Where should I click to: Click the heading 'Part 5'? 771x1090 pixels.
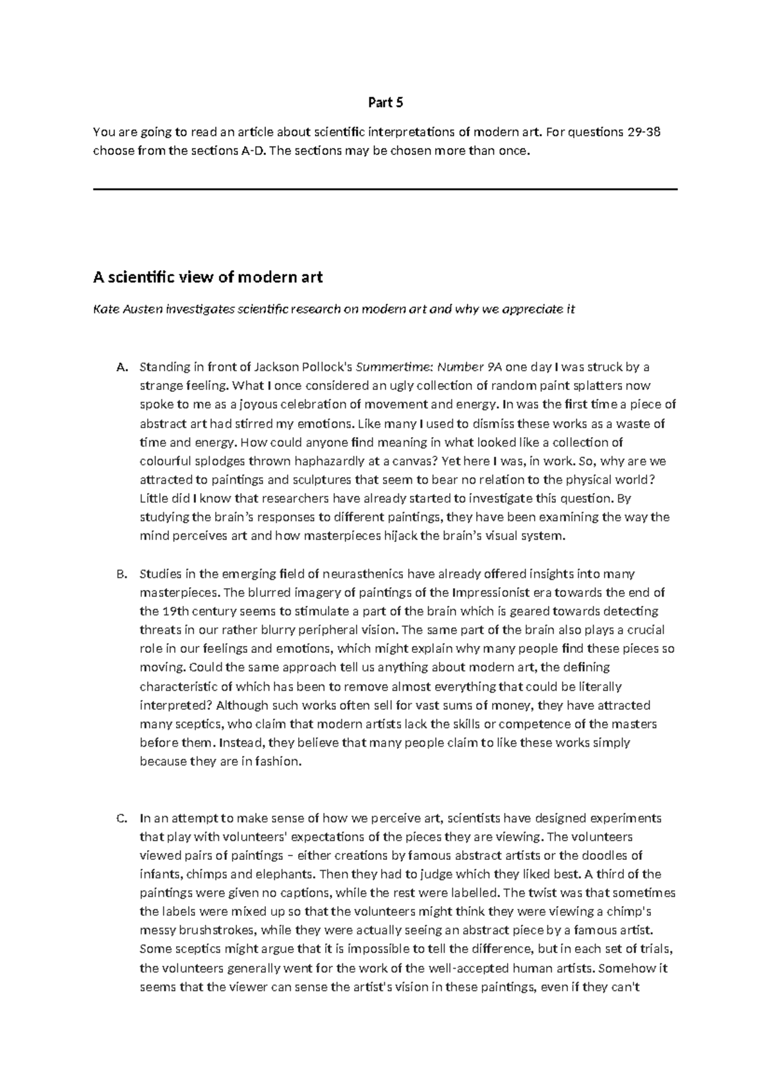(x=385, y=102)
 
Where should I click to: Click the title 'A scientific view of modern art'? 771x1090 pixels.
(x=208, y=278)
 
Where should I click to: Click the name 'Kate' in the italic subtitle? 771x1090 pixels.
(x=105, y=309)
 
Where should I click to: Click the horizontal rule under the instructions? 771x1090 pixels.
(x=385, y=189)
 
